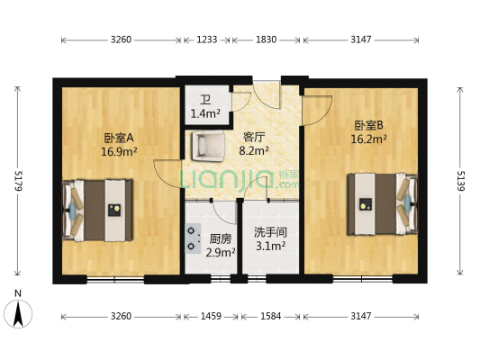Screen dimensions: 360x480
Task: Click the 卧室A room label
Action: pyautogui.click(x=119, y=138)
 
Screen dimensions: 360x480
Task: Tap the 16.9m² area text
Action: pyautogui.click(x=119, y=152)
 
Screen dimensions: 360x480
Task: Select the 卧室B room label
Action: pyautogui.click(x=369, y=125)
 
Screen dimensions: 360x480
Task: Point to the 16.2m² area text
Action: pyautogui.click(x=369, y=139)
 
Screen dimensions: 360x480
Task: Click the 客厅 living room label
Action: pyautogui.click(x=254, y=138)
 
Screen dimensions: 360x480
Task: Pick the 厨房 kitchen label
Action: pyautogui.click(x=221, y=238)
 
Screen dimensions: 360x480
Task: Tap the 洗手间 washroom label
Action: pyautogui.click(x=269, y=231)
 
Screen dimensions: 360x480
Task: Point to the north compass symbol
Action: pyautogui.click(x=19, y=312)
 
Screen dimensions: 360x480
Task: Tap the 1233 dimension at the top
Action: pyautogui.click(x=207, y=40)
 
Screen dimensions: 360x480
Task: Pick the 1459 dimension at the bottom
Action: pyautogui.click(x=211, y=317)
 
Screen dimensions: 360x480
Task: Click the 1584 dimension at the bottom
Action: pyautogui.click(x=269, y=317)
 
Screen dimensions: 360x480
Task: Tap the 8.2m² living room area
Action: pyautogui.click(x=254, y=152)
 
